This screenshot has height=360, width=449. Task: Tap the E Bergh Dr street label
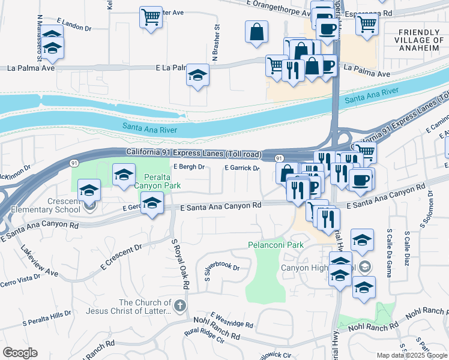click(189, 167)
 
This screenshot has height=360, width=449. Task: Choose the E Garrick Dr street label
click(242, 169)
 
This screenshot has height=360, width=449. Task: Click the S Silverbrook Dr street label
click(222, 271)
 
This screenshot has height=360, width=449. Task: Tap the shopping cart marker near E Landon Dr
click(151, 16)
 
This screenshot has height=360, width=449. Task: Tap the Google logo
click(20, 353)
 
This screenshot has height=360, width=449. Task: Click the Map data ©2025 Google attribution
click(411, 355)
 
